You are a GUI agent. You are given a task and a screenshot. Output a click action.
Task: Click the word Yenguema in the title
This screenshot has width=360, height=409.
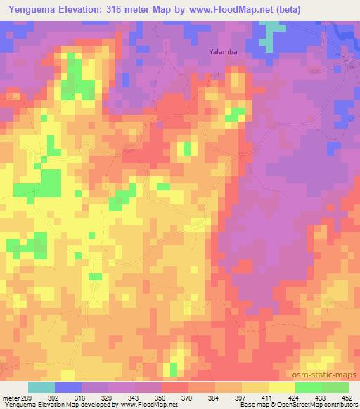coord(29,8)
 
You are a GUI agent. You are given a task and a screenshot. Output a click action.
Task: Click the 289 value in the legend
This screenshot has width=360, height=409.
coord(27,397)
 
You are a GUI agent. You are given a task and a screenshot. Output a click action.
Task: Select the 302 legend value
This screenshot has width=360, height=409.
coord(54,397)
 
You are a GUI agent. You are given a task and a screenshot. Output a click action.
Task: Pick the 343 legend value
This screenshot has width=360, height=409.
coord(134,397)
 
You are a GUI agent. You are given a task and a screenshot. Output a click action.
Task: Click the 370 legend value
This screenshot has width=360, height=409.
coord(187,397)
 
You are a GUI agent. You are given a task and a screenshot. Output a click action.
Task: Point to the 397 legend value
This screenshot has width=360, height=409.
coord(240,397)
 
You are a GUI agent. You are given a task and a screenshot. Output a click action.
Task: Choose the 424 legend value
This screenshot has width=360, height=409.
coord(294,397)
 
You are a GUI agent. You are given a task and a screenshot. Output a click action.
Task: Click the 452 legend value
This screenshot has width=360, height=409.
coord(347,397)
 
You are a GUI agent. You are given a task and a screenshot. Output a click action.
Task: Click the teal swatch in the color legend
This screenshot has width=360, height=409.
coord(41,387)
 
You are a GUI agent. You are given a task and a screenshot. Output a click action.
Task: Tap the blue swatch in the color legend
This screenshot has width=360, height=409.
coord(68,387)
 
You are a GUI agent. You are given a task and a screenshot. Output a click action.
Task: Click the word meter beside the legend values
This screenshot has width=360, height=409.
coord(11,397)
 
